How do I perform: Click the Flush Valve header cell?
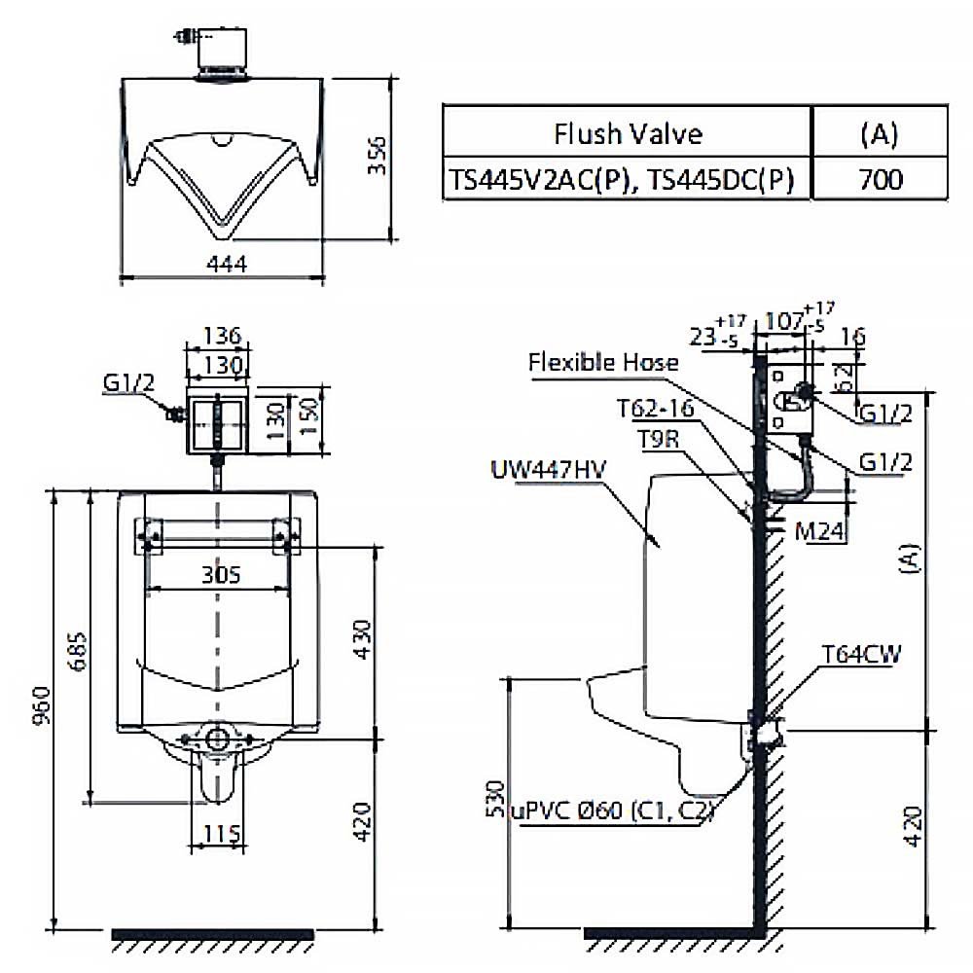coord(628,132)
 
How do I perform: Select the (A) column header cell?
coord(880,132)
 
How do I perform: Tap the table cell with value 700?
coord(880,179)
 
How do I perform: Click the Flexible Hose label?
coord(603,363)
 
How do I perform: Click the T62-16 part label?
coord(655,409)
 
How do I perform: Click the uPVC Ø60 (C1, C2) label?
coord(616,811)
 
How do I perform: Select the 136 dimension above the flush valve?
coord(218,336)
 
